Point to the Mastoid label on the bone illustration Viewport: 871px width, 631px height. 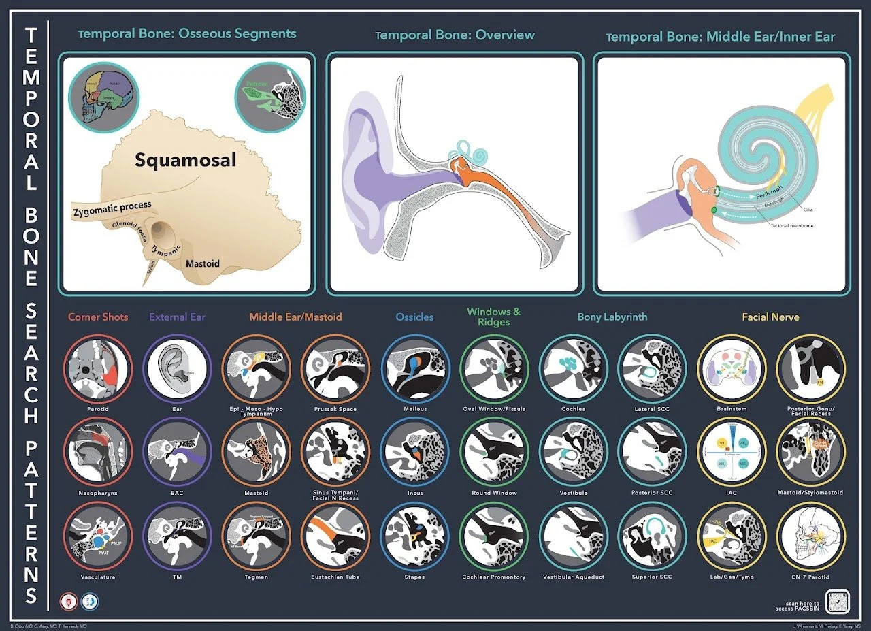203,263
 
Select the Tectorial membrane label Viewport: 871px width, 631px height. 793,225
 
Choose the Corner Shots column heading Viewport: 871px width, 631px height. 98,317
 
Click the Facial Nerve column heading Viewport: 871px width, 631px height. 770,317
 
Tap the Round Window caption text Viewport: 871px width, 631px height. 494,493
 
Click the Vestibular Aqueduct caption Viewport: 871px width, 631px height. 573,577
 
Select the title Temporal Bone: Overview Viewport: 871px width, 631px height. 455,35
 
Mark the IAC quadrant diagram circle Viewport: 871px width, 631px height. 732,452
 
